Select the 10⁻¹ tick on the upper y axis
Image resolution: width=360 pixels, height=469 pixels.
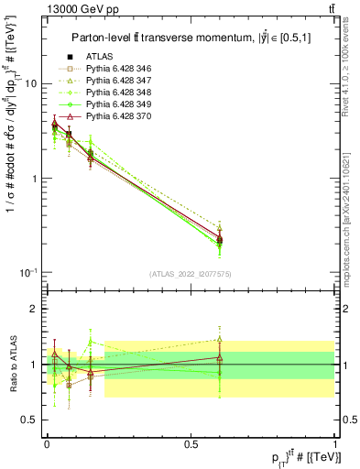[28, 273]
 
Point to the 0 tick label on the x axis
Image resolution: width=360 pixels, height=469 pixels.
[46, 443]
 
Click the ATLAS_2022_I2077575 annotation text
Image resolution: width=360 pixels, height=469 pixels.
[191, 274]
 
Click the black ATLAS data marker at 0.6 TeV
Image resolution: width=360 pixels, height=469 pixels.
[219, 240]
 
